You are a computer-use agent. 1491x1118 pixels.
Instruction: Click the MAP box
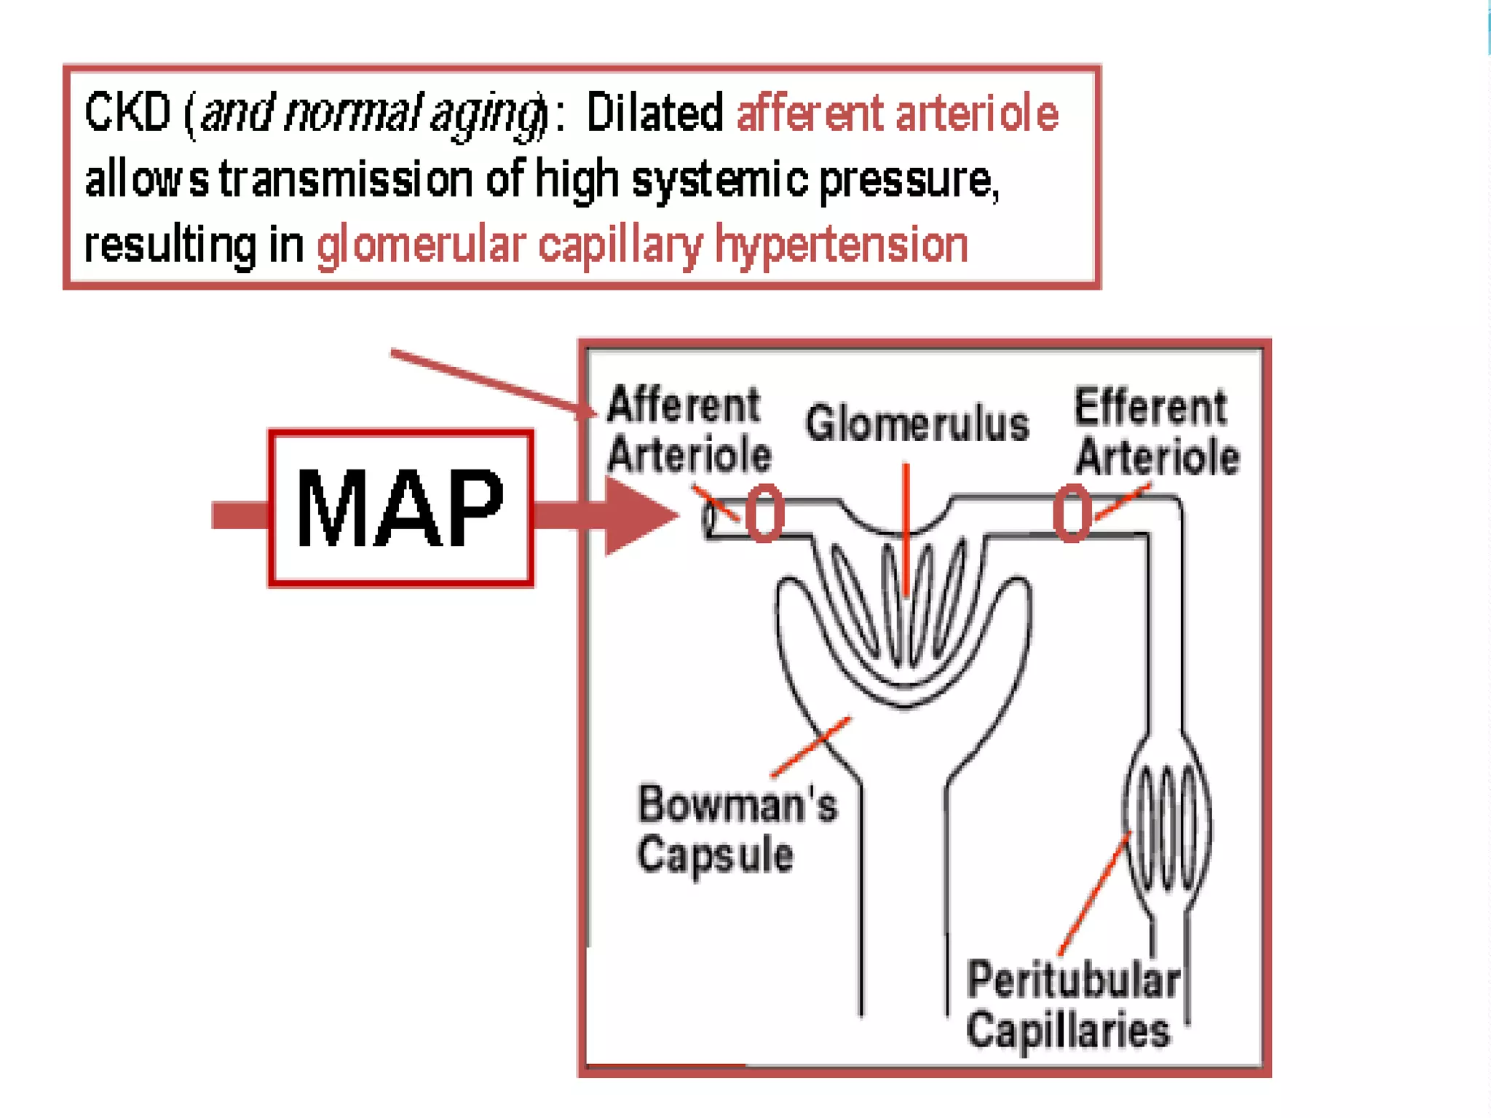coord(400,507)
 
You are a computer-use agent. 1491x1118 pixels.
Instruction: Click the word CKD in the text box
coord(127,113)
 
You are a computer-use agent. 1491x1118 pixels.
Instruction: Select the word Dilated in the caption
coord(654,114)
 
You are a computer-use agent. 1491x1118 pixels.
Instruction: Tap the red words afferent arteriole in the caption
coord(897,114)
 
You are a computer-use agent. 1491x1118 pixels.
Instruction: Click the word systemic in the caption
coord(719,179)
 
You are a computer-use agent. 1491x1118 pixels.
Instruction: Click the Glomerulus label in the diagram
coord(917,424)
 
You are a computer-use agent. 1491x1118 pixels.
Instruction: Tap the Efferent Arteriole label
coord(1156,432)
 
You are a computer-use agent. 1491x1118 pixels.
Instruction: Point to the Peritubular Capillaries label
coord(1072,1004)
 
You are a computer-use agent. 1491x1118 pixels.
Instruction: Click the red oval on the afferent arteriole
coord(764,514)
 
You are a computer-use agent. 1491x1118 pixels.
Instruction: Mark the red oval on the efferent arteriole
coord(1072,514)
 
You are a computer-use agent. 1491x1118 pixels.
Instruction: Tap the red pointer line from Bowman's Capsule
coord(810,747)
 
